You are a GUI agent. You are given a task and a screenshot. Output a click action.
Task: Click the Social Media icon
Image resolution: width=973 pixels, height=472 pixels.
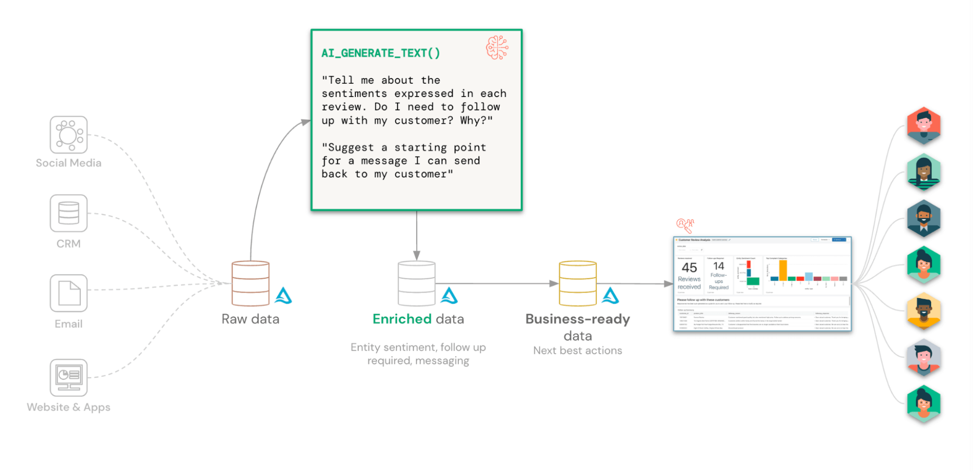coord(69,134)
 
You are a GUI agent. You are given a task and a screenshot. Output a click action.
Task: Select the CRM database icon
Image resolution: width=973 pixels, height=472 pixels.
coord(69,213)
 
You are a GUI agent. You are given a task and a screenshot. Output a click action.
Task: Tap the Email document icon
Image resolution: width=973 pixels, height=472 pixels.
coord(69,293)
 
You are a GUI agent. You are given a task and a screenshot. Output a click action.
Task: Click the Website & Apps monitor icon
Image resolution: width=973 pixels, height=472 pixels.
coord(69,378)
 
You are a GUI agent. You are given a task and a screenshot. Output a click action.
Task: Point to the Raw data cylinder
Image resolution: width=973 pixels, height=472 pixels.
coord(251,283)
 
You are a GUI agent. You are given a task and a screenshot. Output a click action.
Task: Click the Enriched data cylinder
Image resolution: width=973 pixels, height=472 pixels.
coord(417,283)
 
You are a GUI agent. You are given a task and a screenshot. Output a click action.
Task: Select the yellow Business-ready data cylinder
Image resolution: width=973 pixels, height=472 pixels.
coord(578,283)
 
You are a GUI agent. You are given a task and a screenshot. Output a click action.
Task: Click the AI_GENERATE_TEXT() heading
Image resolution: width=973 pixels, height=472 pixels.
coord(381,53)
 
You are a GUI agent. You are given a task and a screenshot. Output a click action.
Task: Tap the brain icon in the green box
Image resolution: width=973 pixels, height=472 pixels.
coord(497,48)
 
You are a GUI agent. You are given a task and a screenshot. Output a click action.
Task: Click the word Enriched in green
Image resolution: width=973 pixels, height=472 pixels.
coord(402,319)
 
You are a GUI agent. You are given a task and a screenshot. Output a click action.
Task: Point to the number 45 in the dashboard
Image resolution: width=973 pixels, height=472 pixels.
coord(689,267)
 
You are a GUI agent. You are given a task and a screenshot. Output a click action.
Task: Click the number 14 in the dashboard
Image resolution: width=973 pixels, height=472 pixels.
coord(718,266)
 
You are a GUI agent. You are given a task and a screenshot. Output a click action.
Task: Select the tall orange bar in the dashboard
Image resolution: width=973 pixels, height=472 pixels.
coord(783,270)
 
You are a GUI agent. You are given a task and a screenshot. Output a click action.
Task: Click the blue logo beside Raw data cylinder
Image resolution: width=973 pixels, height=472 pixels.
coord(283,296)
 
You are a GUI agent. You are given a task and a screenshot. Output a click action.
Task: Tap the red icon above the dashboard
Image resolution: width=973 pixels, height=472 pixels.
coord(685,225)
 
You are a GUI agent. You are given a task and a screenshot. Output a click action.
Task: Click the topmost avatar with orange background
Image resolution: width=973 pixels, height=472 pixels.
coord(923,126)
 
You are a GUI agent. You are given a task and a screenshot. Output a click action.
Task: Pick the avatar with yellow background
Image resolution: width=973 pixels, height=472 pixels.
coord(923,311)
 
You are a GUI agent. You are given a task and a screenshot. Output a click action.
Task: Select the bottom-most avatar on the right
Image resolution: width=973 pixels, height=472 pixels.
coord(923,403)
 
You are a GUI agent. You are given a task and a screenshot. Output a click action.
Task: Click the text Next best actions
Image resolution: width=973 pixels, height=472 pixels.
coord(578,351)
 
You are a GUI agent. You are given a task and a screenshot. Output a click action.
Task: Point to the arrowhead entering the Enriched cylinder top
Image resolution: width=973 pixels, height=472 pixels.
coord(417,256)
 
